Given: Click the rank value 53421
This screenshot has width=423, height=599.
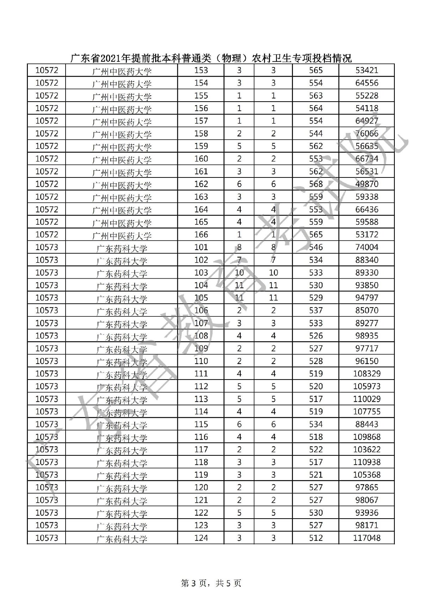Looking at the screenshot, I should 367,70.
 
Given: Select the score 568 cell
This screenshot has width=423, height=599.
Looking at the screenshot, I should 315,184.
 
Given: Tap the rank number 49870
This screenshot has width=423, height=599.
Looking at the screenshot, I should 367,184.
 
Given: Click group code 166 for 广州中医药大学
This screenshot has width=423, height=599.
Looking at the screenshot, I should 201,235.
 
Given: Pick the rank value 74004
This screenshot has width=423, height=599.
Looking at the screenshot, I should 367,247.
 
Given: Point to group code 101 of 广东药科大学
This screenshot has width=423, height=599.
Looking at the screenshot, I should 201,247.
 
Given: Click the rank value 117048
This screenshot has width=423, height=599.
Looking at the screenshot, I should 367,538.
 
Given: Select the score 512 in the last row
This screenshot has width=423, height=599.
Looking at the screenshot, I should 315,538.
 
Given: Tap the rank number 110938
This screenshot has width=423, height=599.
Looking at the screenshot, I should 367,462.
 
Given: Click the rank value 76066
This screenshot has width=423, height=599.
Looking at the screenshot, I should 367,133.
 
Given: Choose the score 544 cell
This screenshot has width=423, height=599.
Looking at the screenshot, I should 315,133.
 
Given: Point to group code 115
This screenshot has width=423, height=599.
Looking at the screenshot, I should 201,424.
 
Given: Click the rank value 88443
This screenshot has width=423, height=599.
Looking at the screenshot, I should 367,424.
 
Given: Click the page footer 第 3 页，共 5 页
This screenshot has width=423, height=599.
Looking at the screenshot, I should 211,583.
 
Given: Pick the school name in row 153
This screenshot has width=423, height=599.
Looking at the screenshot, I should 122,71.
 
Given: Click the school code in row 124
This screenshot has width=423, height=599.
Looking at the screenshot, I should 47,538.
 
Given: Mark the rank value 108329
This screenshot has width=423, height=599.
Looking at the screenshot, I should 367,374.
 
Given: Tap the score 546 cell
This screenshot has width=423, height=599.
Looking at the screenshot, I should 315,247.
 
